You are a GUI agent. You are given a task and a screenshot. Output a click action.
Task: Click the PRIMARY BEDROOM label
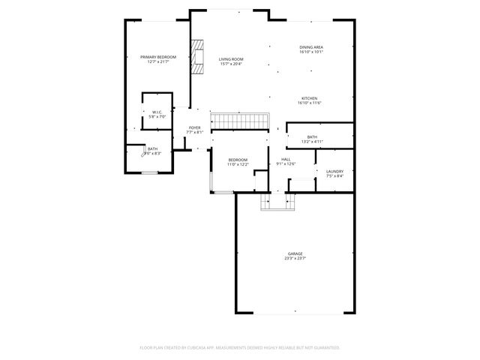pyautogui.click(x=158, y=57)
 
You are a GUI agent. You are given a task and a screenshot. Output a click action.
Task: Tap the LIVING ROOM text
pyautogui.click(x=231, y=59)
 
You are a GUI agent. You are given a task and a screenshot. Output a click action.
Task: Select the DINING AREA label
pyautogui.click(x=310, y=47)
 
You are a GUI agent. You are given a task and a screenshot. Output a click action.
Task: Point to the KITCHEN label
pyautogui.click(x=309, y=98)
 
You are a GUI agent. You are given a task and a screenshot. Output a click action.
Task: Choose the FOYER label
pyautogui.click(x=194, y=127)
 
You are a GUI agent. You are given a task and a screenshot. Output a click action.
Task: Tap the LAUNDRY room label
pyautogui.click(x=334, y=171)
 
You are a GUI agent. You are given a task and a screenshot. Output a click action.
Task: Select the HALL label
pyautogui.click(x=286, y=159)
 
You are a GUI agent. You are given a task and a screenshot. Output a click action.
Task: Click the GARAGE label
pyautogui.click(x=295, y=254)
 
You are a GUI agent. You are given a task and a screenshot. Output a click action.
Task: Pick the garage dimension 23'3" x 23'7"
pyautogui.click(x=295, y=259)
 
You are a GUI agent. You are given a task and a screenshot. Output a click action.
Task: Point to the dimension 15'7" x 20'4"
pyautogui.click(x=231, y=64)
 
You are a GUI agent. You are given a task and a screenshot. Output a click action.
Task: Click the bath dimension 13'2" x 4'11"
pyautogui.click(x=311, y=142)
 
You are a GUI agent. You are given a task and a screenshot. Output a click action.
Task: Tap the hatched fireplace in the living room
pyautogui.click(x=196, y=57)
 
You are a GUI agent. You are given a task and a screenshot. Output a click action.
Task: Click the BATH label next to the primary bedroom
pyautogui.click(x=152, y=148)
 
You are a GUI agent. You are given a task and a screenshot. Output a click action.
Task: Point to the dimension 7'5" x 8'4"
pyautogui.click(x=334, y=176)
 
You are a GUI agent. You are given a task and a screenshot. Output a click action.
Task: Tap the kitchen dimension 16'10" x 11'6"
pyautogui.click(x=309, y=103)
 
